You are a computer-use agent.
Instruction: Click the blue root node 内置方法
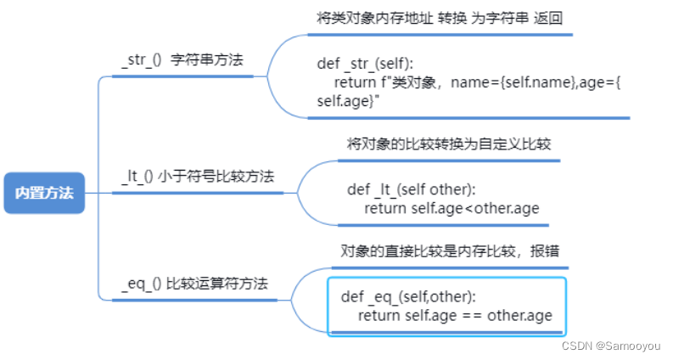(x=44, y=193)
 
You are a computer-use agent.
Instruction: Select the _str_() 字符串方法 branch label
(x=182, y=60)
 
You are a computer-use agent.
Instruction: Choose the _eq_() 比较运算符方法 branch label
(x=194, y=284)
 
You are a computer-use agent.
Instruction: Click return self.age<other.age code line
(x=451, y=209)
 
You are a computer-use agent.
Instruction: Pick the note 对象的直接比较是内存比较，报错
(x=449, y=251)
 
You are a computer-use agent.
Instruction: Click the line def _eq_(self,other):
(x=408, y=296)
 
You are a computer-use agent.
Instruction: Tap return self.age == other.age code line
(x=455, y=316)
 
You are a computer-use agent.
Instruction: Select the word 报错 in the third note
(x=543, y=251)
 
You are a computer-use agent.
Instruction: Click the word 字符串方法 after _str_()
(x=207, y=60)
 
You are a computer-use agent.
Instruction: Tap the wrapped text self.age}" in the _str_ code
(x=347, y=100)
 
